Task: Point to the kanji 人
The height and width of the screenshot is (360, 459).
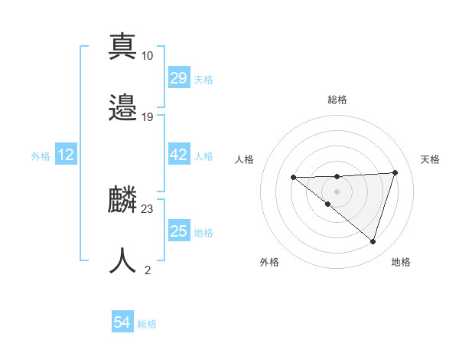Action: click(x=122, y=260)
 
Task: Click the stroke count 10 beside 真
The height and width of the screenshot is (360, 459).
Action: click(x=148, y=56)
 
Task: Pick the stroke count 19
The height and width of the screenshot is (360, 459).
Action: click(x=148, y=117)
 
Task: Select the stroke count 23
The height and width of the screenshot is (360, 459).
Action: click(x=148, y=208)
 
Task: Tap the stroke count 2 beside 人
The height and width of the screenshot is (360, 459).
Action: click(x=148, y=270)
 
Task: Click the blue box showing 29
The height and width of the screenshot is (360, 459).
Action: click(x=179, y=79)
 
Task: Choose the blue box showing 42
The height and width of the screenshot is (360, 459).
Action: click(x=179, y=155)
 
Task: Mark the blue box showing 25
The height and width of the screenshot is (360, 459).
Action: click(x=179, y=231)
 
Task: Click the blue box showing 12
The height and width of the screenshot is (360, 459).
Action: click(x=66, y=155)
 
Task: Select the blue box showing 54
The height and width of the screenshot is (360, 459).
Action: click(x=122, y=322)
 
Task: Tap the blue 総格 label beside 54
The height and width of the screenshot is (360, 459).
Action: click(x=147, y=324)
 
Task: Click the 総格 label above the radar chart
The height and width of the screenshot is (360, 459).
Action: click(x=337, y=100)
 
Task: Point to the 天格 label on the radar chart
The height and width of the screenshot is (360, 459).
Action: click(x=430, y=159)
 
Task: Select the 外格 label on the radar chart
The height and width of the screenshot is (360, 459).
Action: click(x=269, y=262)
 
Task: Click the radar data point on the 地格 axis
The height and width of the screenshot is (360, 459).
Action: click(x=373, y=241)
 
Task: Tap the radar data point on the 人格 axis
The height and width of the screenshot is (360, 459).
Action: click(x=293, y=178)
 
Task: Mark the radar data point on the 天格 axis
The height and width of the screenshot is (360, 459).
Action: click(x=395, y=172)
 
